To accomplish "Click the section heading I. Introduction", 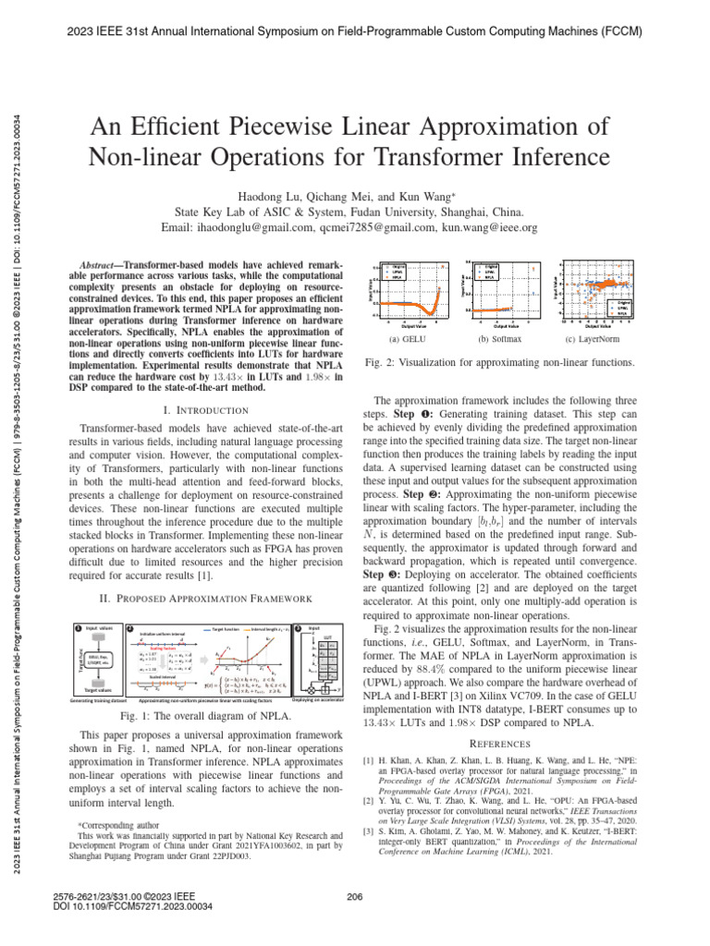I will point(196,408).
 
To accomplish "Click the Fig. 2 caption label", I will point(382,363).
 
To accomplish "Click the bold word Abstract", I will point(102,264).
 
